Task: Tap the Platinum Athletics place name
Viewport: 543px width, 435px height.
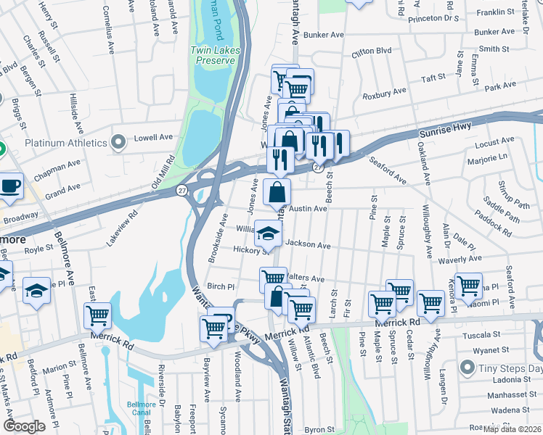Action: point(66,143)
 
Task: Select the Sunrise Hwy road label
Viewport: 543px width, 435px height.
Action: point(445,129)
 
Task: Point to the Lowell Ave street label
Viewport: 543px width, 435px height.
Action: point(156,136)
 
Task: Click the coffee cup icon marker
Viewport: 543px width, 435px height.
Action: point(11,186)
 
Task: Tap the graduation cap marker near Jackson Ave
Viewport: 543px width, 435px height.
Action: point(268,233)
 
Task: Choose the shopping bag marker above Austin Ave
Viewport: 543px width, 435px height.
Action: point(277,193)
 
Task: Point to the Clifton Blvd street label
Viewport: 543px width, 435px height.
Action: point(371,52)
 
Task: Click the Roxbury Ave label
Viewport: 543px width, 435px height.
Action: point(385,94)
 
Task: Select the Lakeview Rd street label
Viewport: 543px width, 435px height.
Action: point(123,228)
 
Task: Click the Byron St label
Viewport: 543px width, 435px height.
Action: point(319,430)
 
